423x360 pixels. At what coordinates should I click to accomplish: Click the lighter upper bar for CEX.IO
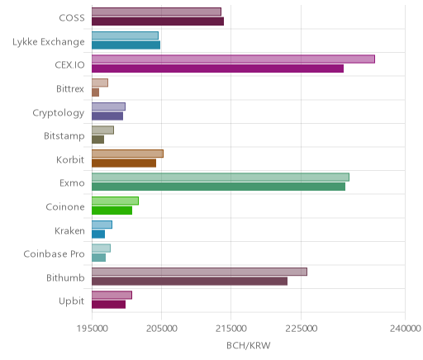point(233,59)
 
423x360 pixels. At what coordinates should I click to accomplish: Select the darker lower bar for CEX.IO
point(217,69)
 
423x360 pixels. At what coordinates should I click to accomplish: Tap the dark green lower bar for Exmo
point(218,187)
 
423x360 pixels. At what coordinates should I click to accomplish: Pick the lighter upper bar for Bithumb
point(199,272)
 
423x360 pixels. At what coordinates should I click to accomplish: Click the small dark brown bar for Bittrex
point(95,92)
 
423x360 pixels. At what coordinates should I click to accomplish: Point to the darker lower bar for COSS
point(158,21)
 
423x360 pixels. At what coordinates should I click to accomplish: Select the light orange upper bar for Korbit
point(127,154)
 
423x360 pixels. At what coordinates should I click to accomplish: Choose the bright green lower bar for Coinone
point(112,211)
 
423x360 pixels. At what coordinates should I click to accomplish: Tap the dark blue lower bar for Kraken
point(98,234)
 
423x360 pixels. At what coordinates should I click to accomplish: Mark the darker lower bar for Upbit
point(108,305)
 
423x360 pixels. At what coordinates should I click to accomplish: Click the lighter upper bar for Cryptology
point(108,107)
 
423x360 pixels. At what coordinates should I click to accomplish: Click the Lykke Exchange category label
point(49,42)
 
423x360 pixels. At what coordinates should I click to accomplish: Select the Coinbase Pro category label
point(54,253)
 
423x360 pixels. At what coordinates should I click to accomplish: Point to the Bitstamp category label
point(64,136)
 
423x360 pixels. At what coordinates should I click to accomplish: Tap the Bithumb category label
point(65,277)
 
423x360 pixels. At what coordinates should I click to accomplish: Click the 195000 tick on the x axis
point(92,328)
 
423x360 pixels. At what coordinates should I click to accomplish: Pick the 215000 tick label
point(231,328)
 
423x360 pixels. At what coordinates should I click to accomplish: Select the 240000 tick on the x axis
point(405,328)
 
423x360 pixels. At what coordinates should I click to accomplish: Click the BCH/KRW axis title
point(249,345)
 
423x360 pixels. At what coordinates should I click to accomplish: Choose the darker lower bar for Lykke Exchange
point(126,45)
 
